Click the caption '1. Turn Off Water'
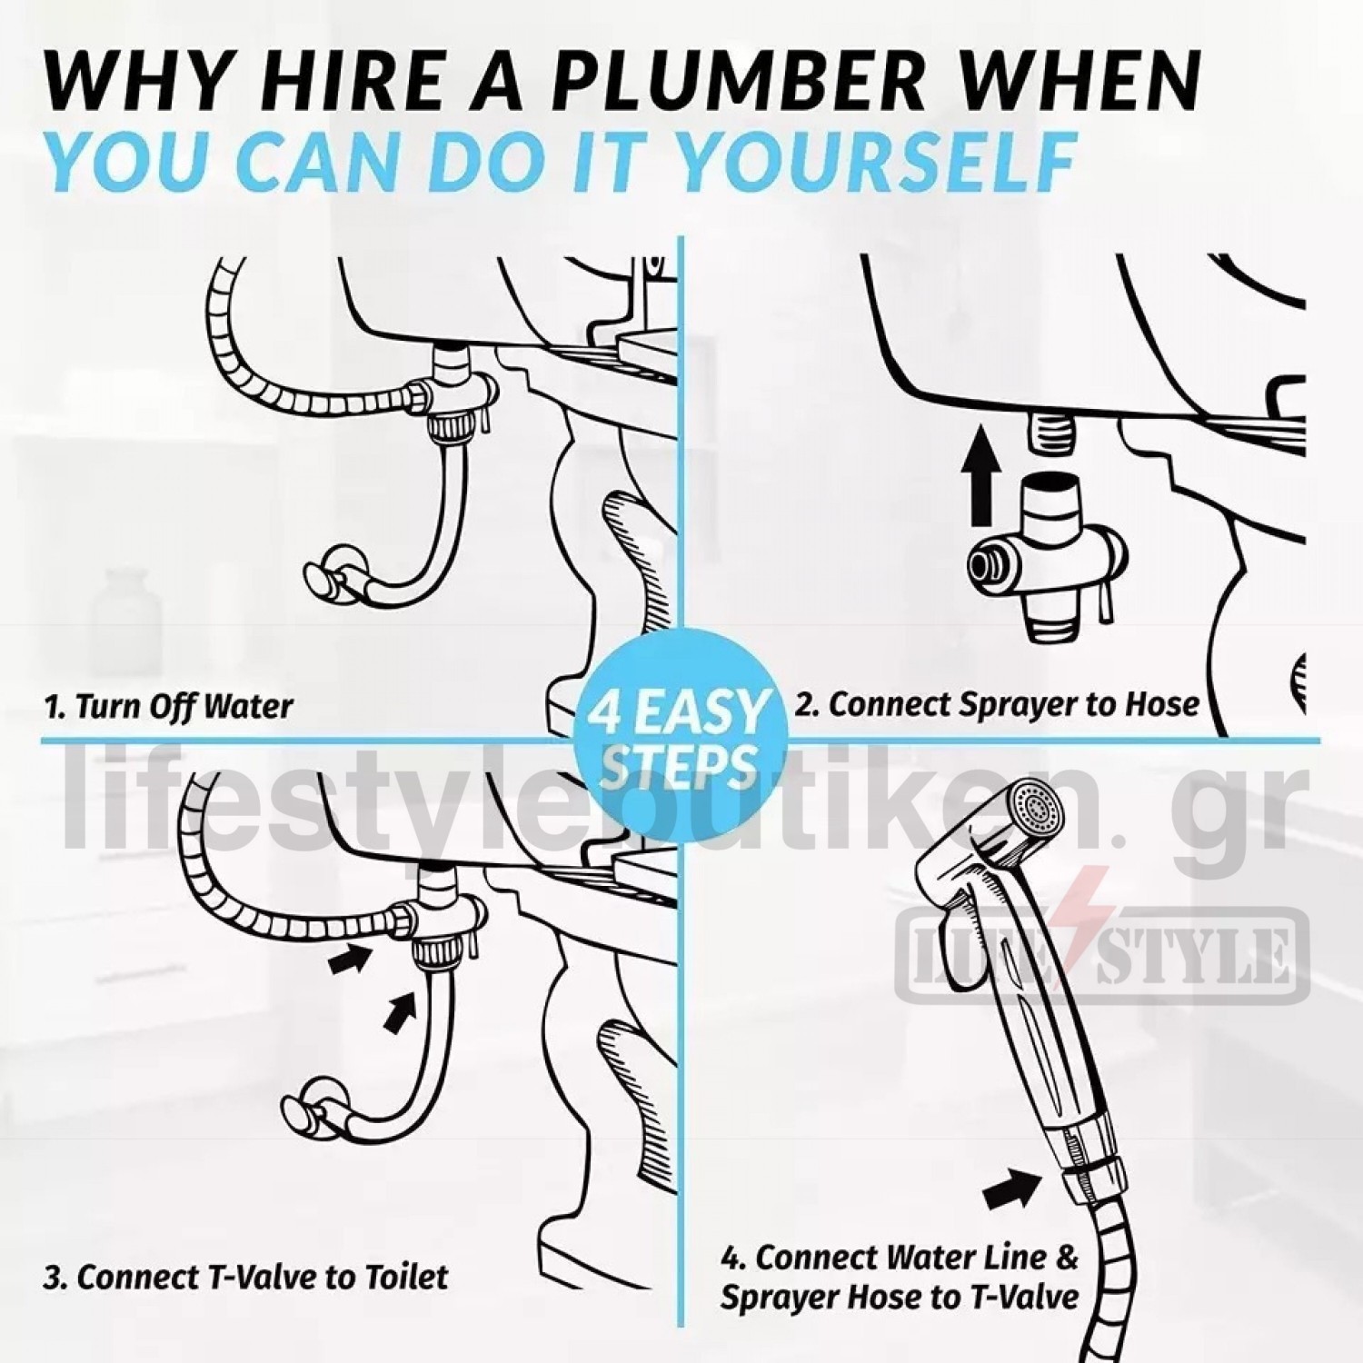click(x=168, y=706)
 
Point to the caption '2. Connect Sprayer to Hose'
click(x=997, y=704)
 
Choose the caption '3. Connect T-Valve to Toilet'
click(x=245, y=1277)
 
